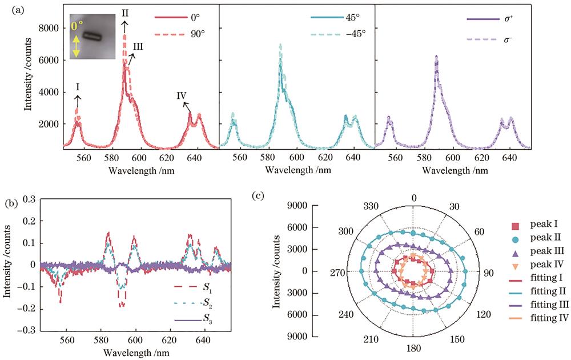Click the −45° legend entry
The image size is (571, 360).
pyautogui.click(x=356, y=34)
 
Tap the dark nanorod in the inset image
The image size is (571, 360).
pyautogui.click(x=92, y=37)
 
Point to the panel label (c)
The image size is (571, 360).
pyautogui.click(x=259, y=195)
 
